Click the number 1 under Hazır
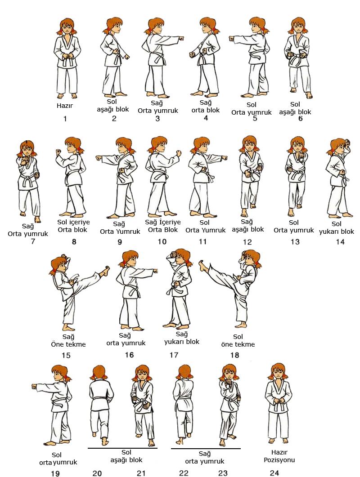[x=65, y=119]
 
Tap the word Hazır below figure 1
[x=65, y=106]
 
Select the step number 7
[x=32, y=241]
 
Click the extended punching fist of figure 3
[x=181, y=39]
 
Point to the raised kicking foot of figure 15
[x=105, y=271]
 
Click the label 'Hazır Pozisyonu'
[x=279, y=456]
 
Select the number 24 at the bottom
[x=274, y=473]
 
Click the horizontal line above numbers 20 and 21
[x=122, y=448]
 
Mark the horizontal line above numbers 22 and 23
[x=206, y=448]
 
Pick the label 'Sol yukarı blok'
[x=337, y=228]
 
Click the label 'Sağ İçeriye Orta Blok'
[x=162, y=226]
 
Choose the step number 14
[x=340, y=242]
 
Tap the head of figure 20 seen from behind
[x=99, y=373]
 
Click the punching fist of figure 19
[x=34, y=387]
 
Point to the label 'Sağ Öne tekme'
[x=68, y=341]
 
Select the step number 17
[x=174, y=355]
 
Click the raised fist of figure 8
[x=58, y=152]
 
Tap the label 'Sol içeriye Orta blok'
[x=73, y=226]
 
